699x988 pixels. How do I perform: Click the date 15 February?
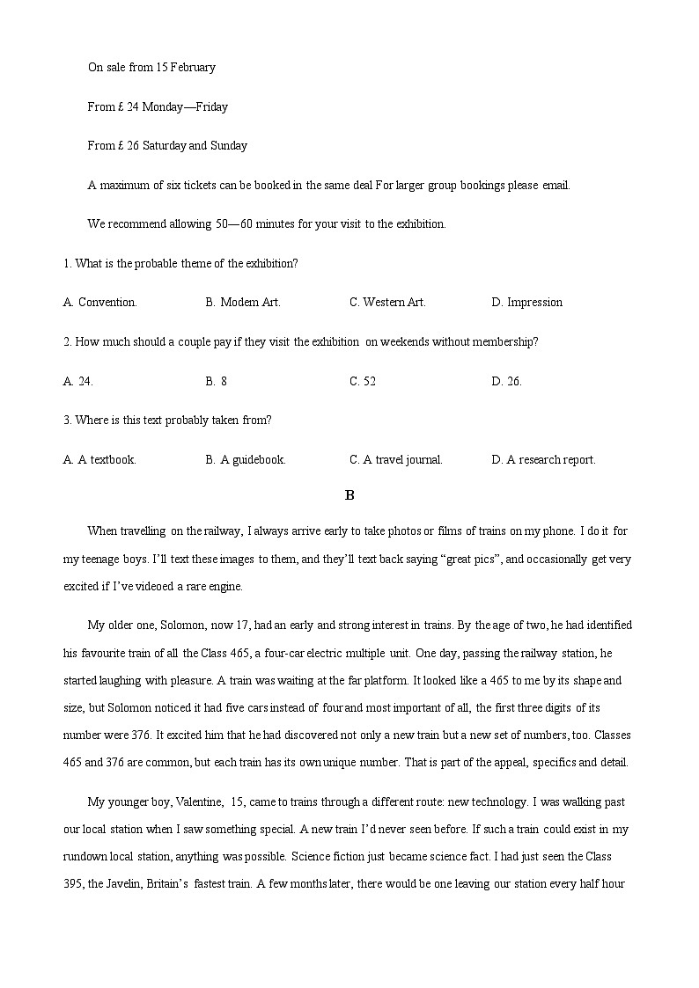[186, 67]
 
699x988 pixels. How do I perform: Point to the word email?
[556, 185]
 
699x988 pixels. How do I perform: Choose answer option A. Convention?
[100, 302]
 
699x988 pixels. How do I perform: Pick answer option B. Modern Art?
[243, 302]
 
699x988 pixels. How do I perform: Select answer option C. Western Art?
[387, 302]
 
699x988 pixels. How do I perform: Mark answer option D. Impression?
[526, 302]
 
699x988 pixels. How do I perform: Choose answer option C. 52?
[363, 381]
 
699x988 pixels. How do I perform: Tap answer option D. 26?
[506, 381]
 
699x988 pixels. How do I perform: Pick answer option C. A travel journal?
[396, 459]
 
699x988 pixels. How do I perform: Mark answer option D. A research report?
[543, 459]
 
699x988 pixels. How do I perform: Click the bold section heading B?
[349, 495]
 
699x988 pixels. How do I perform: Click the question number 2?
[67, 341]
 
